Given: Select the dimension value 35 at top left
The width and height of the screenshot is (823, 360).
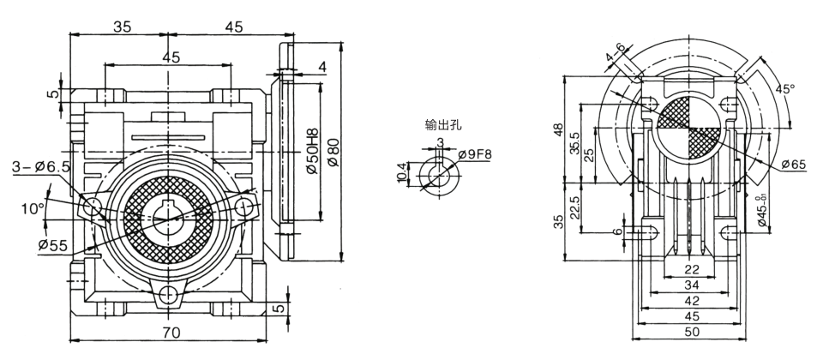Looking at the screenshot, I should click(122, 27).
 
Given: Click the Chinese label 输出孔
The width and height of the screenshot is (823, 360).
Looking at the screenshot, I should click(443, 125).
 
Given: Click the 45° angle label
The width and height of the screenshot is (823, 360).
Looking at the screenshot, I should click(784, 88).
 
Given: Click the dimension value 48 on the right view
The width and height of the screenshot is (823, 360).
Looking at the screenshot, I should click(559, 130).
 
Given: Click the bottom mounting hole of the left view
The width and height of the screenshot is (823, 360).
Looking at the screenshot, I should click(169, 297).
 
